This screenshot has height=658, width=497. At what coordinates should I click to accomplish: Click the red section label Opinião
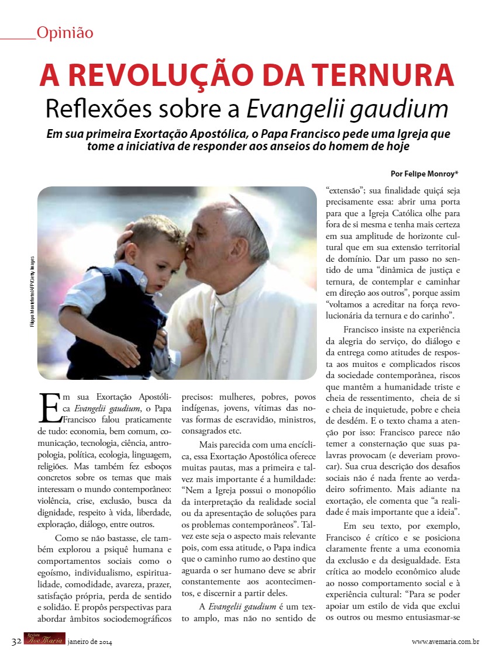64,32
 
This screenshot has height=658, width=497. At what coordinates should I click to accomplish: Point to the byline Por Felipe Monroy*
424,174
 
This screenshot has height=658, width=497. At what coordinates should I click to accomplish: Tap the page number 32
16,641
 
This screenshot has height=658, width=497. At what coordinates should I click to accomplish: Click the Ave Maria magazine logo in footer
44,640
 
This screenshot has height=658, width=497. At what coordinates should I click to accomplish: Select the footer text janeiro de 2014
90,642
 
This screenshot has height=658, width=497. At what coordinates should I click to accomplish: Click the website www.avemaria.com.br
446,642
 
